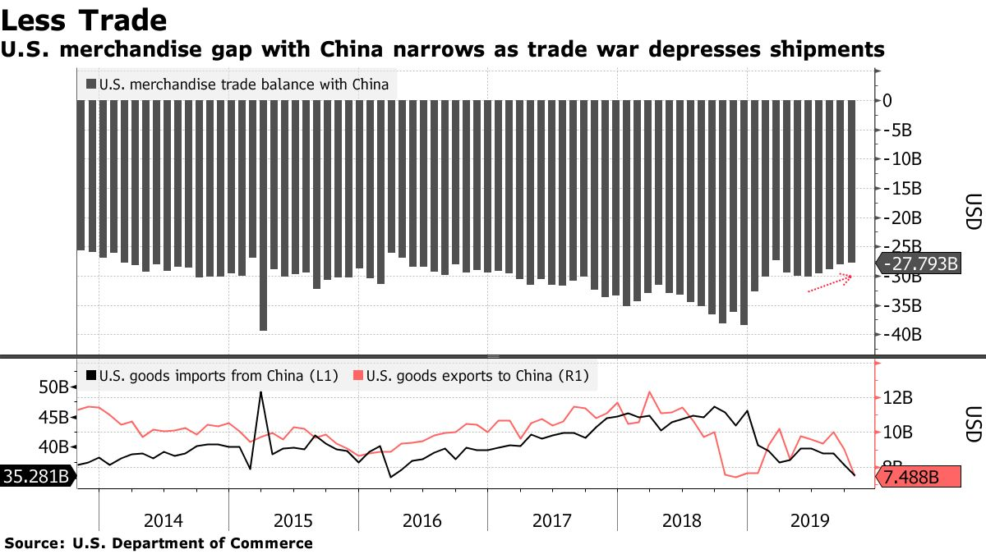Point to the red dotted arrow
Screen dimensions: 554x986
pos(830,283)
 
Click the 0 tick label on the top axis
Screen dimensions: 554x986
pos(887,100)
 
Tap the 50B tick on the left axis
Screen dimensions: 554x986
pos(54,387)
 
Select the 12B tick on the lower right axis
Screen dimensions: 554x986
pos(899,398)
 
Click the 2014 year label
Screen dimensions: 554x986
pos(164,520)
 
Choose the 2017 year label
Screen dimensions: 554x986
pos(551,520)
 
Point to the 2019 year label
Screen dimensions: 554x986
pos(810,520)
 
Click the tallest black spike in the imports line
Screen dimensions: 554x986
pos(261,392)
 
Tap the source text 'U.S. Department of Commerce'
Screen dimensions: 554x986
pos(192,543)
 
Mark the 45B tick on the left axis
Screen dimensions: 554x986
pos(54,417)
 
